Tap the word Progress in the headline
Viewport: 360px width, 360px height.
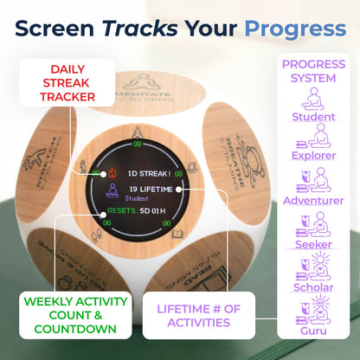pyautogui.click(x=294, y=28)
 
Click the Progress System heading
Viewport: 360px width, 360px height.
pyautogui.click(x=313, y=73)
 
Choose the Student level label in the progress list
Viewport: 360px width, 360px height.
pyautogui.click(x=313, y=117)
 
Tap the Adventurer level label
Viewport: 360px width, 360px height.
pyautogui.click(x=313, y=200)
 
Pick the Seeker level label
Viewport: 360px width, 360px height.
pyautogui.click(x=313, y=245)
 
